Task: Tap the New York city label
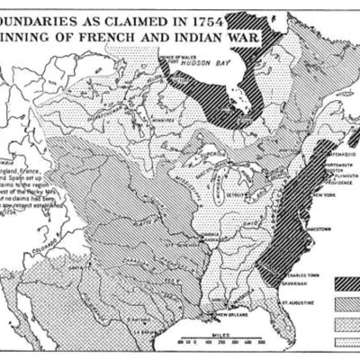pos(321,195)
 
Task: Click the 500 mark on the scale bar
pos(262,342)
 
